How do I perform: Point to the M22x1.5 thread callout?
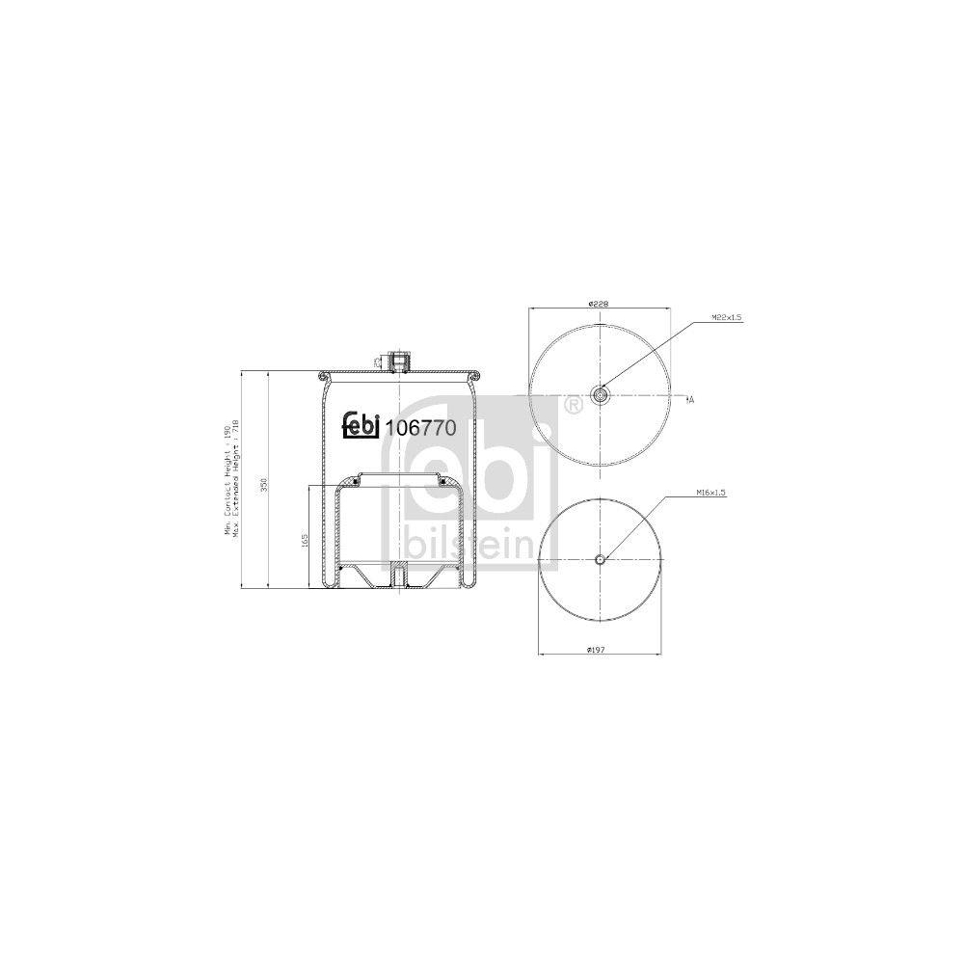tap(727, 317)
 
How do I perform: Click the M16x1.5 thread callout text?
tap(710, 493)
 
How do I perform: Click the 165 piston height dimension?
tap(304, 541)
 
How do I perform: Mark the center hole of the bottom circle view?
tap(600, 560)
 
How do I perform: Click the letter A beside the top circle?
tap(691, 398)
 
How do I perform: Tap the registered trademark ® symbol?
tap(574, 406)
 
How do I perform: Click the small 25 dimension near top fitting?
tap(374, 361)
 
